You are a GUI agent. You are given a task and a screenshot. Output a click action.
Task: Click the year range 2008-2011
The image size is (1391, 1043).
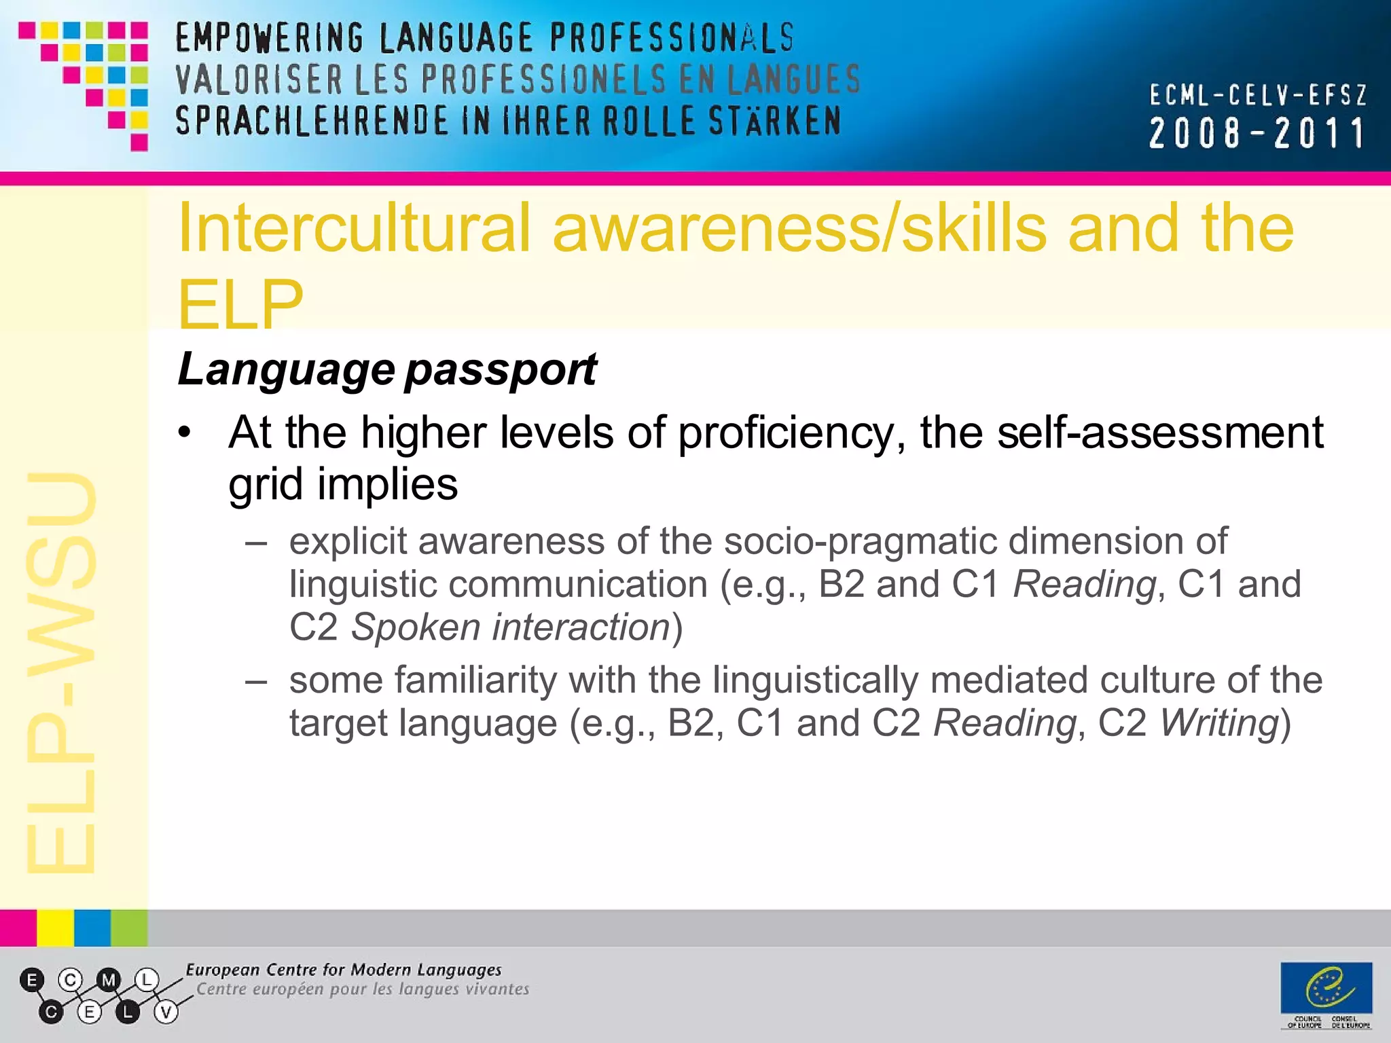pos(1257,133)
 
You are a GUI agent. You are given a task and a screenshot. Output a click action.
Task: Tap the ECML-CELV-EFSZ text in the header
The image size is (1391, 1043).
pos(1258,96)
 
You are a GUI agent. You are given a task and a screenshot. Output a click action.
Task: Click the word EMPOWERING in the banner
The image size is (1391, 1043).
pos(270,38)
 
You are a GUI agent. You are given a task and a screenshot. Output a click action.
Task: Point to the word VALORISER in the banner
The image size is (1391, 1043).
pos(259,79)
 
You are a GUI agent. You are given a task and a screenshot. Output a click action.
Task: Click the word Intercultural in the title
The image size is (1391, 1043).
pos(353,229)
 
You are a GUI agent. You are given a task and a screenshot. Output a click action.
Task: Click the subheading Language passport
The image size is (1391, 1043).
pos(386,369)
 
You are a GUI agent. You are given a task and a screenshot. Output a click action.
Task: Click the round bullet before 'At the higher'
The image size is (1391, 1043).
pos(185,433)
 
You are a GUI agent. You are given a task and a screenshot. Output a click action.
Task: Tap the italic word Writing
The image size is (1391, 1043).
pos(1219,722)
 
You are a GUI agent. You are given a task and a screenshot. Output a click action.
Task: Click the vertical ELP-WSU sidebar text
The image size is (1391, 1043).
pos(61,672)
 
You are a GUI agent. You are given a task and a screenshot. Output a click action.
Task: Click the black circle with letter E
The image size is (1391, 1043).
pos(32,980)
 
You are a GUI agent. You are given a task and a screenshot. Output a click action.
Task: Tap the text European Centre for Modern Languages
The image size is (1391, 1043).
pos(344,970)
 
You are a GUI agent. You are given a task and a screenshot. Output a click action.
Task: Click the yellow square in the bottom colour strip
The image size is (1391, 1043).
pos(55,928)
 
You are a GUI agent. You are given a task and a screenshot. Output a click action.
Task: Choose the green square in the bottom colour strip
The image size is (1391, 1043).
pos(129,928)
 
